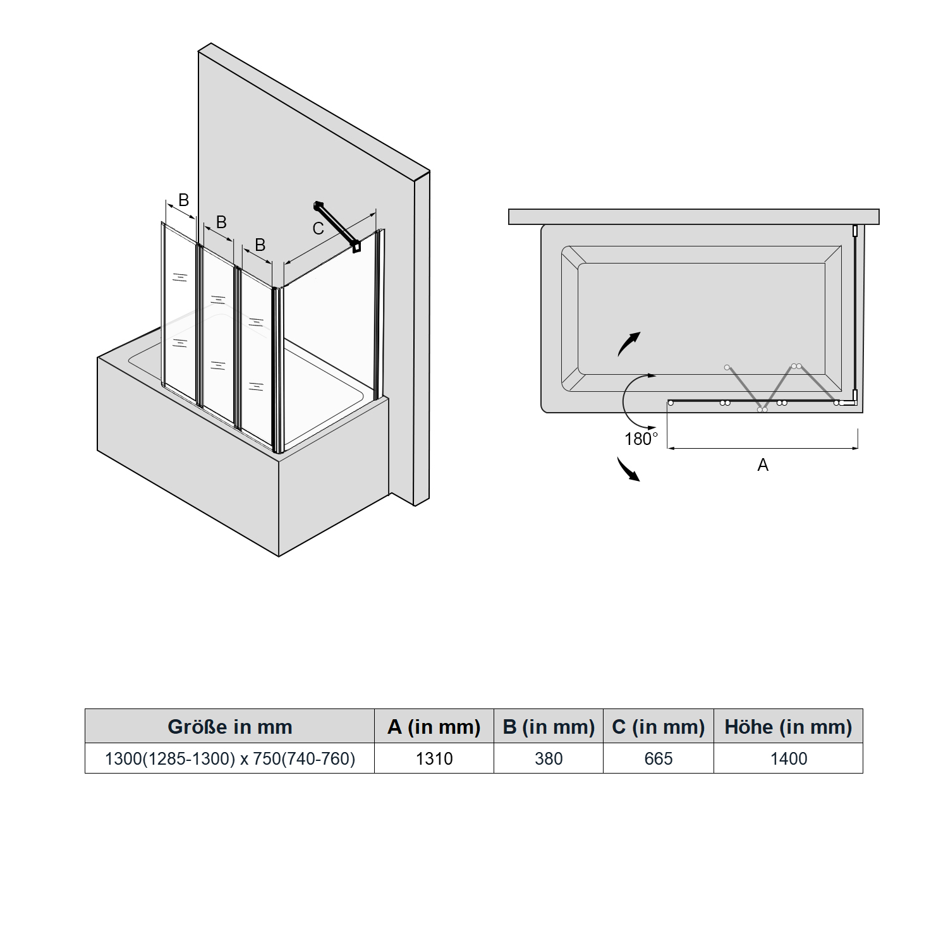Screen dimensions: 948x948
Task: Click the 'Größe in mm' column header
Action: point(230,726)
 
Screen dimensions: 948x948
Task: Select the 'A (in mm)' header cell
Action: point(434,726)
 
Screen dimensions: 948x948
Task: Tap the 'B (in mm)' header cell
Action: point(549,726)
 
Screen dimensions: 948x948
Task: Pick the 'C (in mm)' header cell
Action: point(659,726)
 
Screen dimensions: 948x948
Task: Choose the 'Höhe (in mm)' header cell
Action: point(788,726)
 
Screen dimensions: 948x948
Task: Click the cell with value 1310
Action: point(434,758)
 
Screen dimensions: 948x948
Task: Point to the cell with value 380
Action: point(549,758)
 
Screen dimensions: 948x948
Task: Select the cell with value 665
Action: point(659,758)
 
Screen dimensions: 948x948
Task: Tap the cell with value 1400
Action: point(788,758)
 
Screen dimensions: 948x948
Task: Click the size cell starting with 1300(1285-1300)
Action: point(230,758)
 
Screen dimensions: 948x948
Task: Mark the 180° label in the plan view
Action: point(641,439)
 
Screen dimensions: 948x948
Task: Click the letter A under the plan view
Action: point(763,465)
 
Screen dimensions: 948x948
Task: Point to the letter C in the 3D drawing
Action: point(319,228)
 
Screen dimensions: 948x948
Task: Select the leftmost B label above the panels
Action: point(183,200)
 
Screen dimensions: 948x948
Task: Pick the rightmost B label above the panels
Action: point(260,245)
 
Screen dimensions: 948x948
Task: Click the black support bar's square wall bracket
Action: point(357,246)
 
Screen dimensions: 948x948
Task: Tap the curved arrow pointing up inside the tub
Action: point(629,344)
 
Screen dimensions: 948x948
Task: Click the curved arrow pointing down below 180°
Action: point(628,470)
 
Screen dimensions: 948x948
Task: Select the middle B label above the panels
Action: point(221,222)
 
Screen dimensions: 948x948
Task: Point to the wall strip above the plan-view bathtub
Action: point(694,217)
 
